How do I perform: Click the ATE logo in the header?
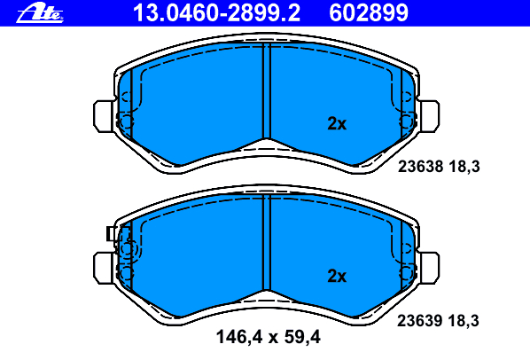click(40, 13)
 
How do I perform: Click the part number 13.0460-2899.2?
click(216, 13)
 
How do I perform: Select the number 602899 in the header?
click(369, 13)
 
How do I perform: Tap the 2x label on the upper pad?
click(337, 124)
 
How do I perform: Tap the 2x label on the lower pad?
click(337, 276)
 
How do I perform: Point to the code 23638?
click(420, 167)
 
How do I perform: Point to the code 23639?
click(420, 320)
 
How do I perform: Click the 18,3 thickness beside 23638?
click(464, 167)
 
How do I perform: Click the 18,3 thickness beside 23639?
click(464, 321)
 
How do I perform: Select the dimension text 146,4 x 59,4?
click(268, 337)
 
